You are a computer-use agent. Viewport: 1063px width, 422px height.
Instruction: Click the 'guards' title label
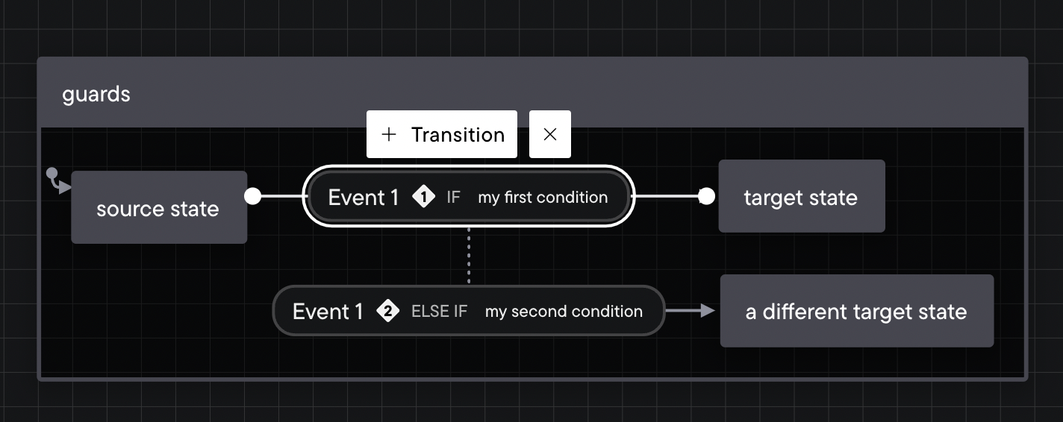96,95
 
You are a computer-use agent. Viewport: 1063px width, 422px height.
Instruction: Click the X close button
550,134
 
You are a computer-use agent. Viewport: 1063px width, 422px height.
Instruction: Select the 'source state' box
159,207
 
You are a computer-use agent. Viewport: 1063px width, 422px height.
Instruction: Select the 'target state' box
802,196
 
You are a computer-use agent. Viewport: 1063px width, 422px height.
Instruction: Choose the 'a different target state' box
856,311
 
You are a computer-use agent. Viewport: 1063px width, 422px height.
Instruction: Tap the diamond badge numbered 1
424,197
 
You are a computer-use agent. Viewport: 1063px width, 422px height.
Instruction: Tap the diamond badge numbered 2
387,311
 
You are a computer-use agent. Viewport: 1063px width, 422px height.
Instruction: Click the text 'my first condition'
543,198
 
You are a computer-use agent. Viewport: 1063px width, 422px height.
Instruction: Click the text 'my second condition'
564,312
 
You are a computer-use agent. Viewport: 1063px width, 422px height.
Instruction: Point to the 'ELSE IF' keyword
440,312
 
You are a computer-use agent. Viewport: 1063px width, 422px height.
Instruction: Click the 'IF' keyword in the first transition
453,198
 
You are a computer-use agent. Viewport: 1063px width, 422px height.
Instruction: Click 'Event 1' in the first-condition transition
363,198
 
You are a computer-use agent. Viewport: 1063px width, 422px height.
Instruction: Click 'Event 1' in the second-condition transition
328,312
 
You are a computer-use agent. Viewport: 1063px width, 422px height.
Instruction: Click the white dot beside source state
252,196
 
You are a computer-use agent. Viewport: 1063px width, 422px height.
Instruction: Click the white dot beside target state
706,196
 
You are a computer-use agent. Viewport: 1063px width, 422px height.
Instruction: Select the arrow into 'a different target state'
690,311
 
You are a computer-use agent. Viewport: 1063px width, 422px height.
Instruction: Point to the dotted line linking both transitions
469,256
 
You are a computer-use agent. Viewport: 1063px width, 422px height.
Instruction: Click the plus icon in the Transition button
389,134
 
